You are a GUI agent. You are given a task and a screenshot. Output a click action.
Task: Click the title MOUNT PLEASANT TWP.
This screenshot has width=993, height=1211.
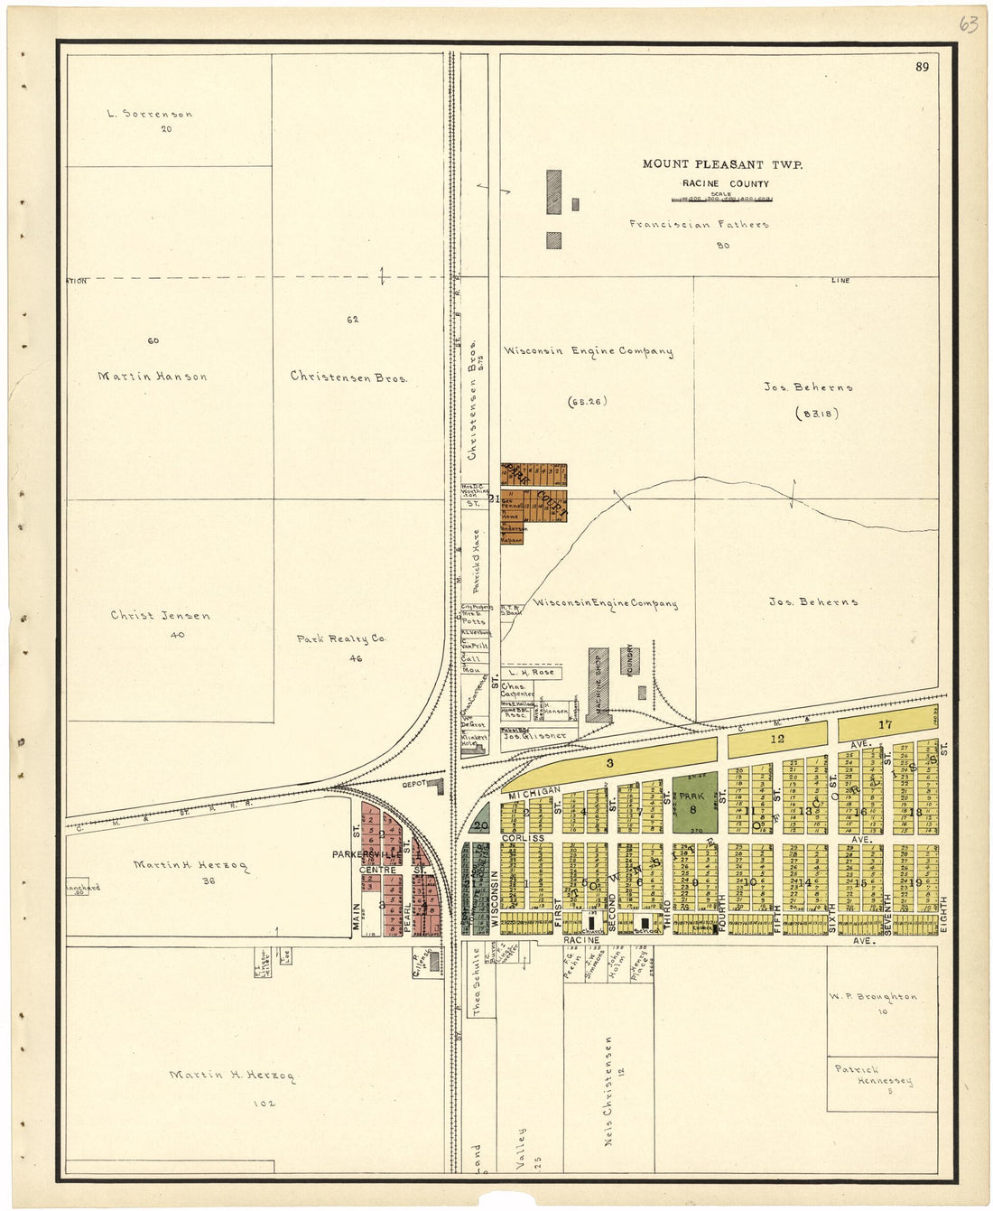[722, 164]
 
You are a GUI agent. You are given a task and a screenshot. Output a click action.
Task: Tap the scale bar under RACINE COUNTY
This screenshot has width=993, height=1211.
[722, 199]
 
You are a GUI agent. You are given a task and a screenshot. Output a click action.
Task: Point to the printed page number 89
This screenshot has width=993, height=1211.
[922, 67]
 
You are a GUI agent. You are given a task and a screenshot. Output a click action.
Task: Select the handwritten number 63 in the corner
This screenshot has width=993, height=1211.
[968, 24]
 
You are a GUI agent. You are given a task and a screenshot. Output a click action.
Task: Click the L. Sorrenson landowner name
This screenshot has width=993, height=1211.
[150, 114]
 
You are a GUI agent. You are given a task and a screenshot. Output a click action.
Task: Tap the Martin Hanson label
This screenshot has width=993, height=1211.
[153, 377]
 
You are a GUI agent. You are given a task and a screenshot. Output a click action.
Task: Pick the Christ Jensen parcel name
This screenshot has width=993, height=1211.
[161, 616]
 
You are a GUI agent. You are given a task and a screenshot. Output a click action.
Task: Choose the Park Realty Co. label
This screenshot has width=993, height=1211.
[341, 638]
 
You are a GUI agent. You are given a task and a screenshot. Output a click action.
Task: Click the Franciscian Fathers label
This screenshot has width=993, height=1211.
[699, 224]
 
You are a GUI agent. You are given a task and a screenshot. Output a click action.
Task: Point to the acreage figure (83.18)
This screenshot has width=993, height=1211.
[817, 414]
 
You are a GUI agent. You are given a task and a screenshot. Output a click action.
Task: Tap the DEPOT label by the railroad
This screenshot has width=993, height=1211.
[413, 784]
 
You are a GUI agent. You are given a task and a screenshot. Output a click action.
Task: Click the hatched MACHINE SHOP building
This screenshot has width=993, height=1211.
[598, 684]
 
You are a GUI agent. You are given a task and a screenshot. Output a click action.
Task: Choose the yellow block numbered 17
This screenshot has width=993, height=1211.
[886, 724]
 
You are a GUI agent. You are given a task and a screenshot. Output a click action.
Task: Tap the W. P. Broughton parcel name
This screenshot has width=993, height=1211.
[873, 997]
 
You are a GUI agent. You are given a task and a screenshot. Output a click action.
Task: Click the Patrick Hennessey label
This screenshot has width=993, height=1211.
[874, 1075]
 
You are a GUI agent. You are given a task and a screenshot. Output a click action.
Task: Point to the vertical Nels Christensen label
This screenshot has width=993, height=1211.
[611, 1091]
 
